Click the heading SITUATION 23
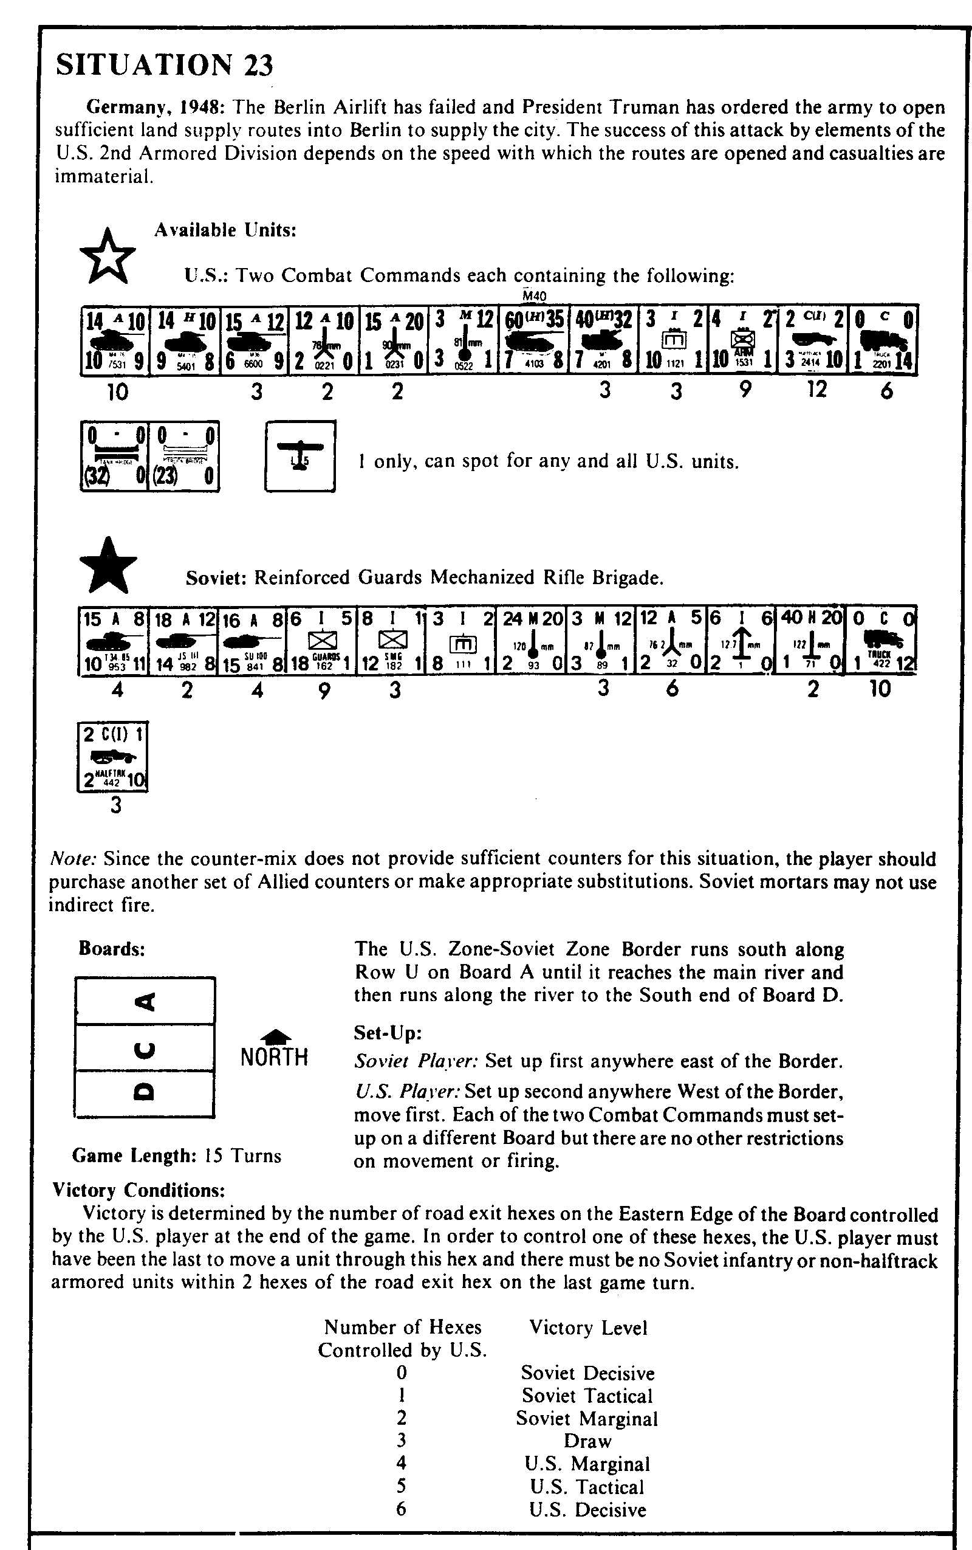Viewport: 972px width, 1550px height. point(165,65)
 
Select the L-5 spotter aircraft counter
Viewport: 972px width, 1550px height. point(299,456)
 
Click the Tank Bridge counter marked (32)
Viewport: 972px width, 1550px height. point(114,456)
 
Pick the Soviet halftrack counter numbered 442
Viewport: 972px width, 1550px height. point(112,757)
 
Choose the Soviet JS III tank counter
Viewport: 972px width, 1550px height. point(183,639)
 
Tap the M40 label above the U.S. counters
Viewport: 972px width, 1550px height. point(534,296)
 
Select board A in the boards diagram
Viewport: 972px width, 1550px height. point(145,1001)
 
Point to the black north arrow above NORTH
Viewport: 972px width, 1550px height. point(275,1035)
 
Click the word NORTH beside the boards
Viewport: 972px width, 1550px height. point(275,1056)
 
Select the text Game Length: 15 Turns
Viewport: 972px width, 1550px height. point(177,1156)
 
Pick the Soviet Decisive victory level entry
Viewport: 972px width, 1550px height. point(587,1373)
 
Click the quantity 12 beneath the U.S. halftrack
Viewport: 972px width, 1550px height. point(816,389)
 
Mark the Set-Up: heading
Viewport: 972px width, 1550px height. point(388,1033)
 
